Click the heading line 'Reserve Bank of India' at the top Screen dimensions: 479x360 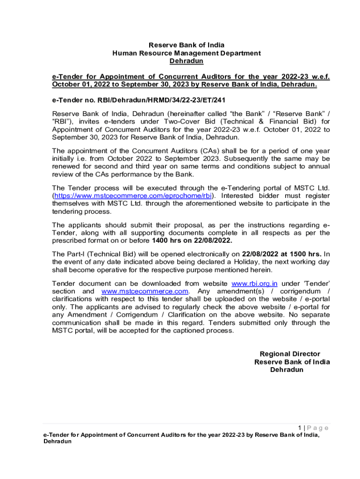pyautogui.click(x=186, y=45)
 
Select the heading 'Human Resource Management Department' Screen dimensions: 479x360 pyautogui.click(x=186, y=53)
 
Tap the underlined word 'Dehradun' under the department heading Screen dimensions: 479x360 pyautogui.click(x=186, y=61)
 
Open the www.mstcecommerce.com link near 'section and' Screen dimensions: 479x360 pyautogui.click(x=145, y=291)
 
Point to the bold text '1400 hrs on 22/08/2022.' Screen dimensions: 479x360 pyautogui.click(x=192, y=240)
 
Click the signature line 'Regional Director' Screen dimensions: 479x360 pyautogui.click(x=290, y=354)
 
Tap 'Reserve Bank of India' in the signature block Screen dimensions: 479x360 pyautogui.click(x=292, y=362)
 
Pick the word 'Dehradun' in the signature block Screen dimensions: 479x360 pyautogui.click(x=287, y=370)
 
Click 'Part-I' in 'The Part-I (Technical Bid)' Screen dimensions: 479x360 pyautogui.click(x=76, y=254)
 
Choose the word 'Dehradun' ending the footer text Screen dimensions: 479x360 pyautogui.click(x=58, y=442)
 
